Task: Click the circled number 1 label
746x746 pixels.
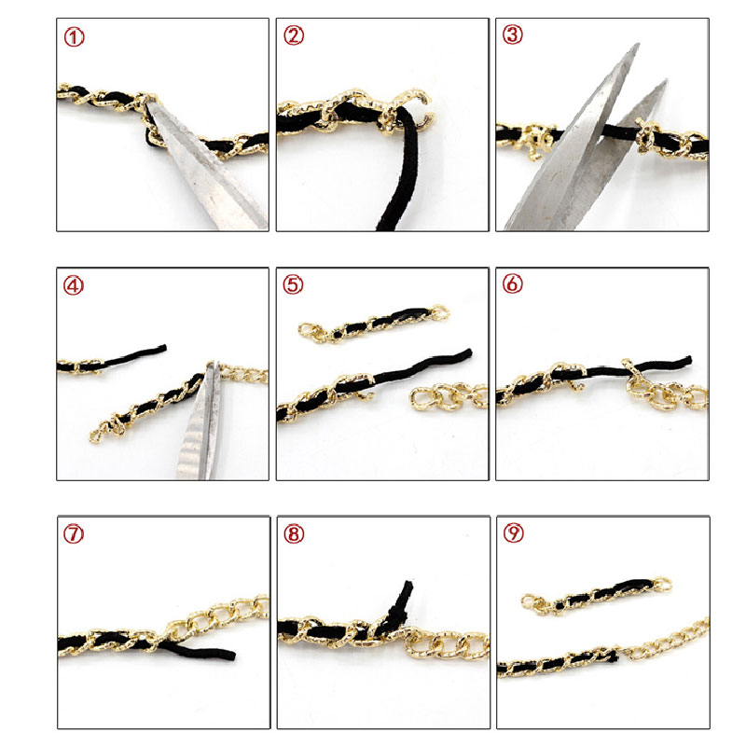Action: [74, 37]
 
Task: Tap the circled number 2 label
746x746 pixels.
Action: [294, 35]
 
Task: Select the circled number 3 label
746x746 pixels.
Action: [513, 35]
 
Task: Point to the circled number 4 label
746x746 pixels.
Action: [74, 285]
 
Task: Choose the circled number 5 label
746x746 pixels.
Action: [293, 284]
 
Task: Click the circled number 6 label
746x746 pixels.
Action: [512, 283]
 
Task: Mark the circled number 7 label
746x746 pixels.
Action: [74, 533]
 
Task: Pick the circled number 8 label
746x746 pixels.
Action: [294, 533]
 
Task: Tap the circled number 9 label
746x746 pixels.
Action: [514, 532]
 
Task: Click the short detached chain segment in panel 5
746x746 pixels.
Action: [374, 323]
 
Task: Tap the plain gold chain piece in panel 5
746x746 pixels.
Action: [449, 395]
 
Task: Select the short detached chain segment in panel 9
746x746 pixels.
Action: [597, 596]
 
